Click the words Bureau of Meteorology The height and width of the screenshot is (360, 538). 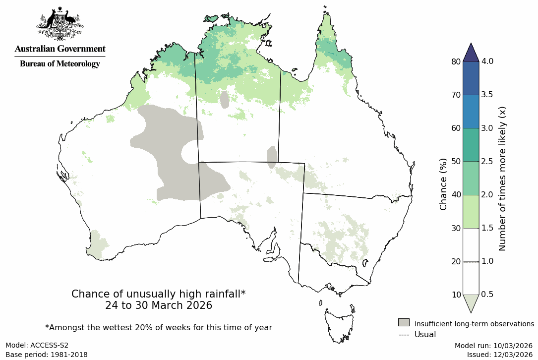coord(60,64)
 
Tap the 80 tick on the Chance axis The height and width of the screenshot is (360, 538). coord(455,61)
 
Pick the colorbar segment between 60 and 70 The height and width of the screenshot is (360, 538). coord(471,112)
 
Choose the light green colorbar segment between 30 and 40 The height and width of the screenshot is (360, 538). coord(471,212)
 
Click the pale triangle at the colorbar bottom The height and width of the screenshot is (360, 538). coord(471,302)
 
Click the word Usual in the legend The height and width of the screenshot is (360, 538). coord(425,334)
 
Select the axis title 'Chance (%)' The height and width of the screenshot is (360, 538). coord(444,184)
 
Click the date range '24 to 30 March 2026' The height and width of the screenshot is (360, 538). coord(159,305)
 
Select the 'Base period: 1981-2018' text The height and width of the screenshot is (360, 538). coord(47,355)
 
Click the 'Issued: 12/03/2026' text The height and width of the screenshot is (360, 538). coord(499,355)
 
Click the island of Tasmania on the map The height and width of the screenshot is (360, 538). coord(340,325)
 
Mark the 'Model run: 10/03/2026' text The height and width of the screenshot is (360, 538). coord(493,345)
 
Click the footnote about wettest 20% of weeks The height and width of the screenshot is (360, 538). coord(159,327)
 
